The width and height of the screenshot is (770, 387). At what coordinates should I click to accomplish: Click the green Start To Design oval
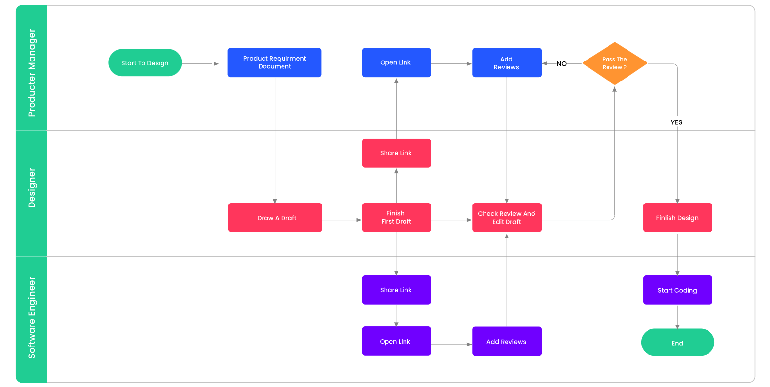(145, 62)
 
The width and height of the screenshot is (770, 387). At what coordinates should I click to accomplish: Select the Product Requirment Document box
(274, 62)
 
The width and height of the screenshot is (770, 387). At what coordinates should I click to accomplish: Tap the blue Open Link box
(396, 62)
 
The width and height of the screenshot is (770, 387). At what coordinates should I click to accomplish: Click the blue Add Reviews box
(507, 62)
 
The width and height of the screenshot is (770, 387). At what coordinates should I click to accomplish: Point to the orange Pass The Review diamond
(615, 63)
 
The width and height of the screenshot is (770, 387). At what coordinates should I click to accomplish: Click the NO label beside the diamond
(561, 64)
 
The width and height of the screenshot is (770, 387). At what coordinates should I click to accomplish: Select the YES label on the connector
(676, 122)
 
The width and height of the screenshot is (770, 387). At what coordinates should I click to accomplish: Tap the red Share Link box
(396, 153)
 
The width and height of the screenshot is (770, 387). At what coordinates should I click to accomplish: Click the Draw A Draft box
(275, 218)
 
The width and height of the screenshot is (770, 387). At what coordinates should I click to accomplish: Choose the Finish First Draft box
(396, 218)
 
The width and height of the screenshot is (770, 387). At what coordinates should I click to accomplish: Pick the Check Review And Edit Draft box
(507, 218)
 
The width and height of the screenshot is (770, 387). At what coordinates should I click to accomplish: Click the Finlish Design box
(677, 218)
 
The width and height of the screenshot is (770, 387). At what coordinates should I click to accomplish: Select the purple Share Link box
(396, 290)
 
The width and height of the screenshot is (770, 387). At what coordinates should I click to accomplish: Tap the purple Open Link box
(396, 341)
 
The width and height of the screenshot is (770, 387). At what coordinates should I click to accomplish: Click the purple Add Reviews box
(507, 341)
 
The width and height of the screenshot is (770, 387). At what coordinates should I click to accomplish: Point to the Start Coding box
(677, 290)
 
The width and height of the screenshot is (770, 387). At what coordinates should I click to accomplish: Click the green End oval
(677, 342)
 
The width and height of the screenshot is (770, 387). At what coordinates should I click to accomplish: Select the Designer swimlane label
(32, 188)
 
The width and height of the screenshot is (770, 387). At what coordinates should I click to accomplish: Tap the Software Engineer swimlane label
(32, 318)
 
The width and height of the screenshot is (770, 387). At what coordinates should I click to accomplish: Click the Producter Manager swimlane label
(32, 73)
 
